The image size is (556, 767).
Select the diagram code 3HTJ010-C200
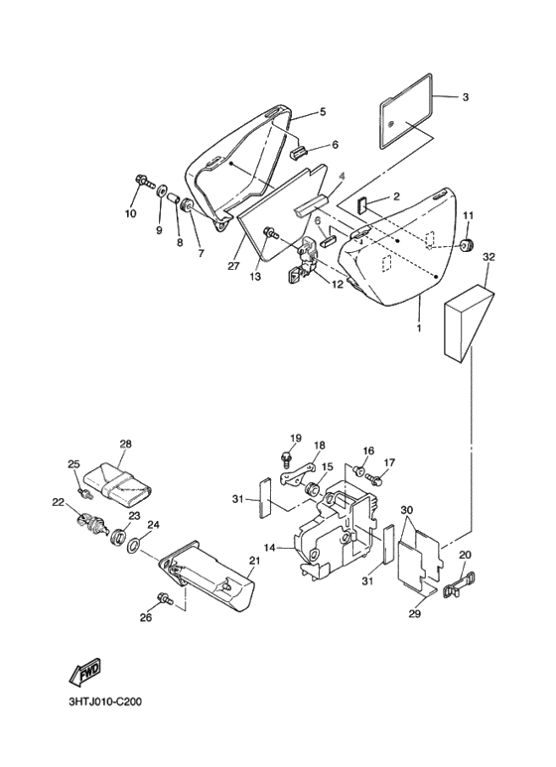[105, 703]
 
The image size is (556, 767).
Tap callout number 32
[488, 257]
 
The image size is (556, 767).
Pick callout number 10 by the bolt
[131, 213]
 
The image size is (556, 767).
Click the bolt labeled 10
[144, 182]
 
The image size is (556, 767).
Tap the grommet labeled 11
[469, 244]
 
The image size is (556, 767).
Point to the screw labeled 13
[270, 233]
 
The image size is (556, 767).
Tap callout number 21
[253, 561]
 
